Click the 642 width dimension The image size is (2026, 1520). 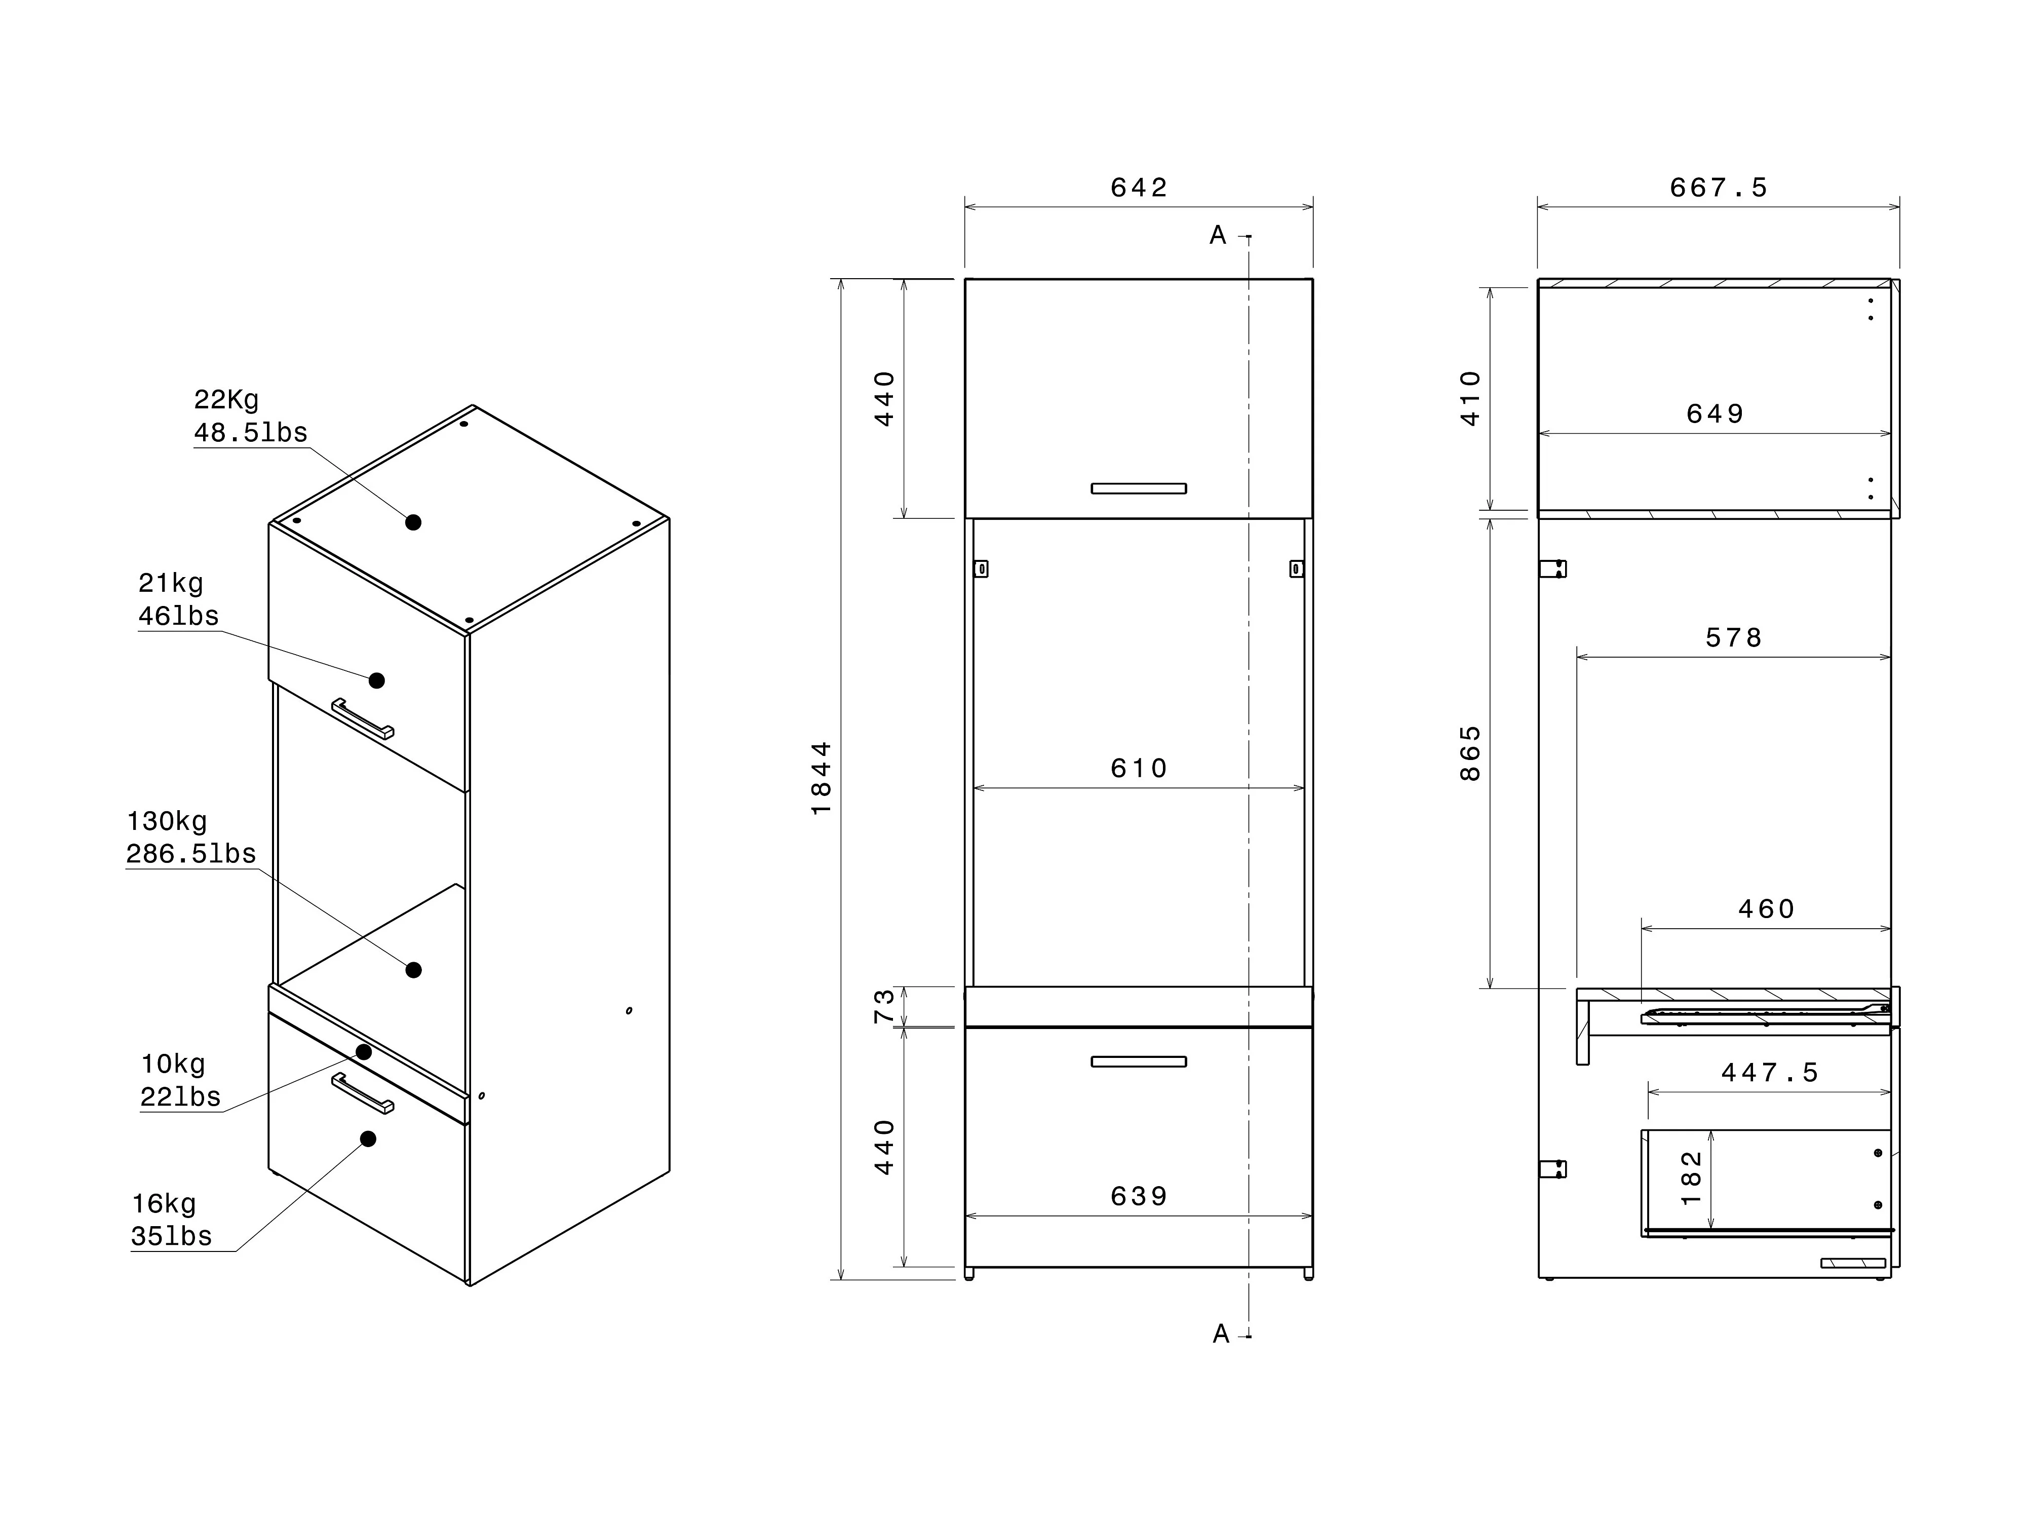(x=1139, y=188)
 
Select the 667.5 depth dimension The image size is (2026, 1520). (x=1718, y=188)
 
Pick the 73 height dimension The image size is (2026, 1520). (x=884, y=1006)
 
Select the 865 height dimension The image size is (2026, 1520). (x=1470, y=753)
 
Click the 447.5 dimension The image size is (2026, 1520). (x=1770, y=1072)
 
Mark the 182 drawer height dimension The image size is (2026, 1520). (x=1692, y=1178)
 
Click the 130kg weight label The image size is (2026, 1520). (x=167, y=821)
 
